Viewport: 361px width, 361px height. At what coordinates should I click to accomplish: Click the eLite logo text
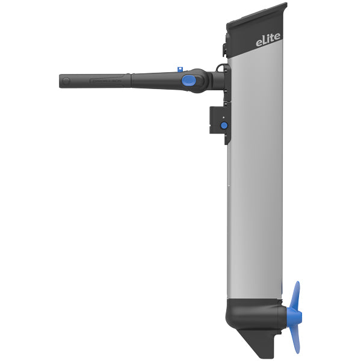tap(266, 42)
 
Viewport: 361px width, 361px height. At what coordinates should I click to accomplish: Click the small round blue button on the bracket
tap(224, 125)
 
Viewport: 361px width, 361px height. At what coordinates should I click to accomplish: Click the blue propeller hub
tap(291, 315)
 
